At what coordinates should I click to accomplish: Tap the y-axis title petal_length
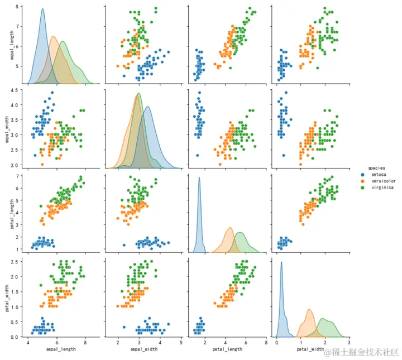click(x=8, y=212)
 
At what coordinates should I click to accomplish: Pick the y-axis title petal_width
click(x=8, y=296)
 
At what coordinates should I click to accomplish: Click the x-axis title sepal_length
click(x=58, y=349)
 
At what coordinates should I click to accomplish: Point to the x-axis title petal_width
click(x=310, y=349)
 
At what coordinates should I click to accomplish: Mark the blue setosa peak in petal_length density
click(x=199, y=178)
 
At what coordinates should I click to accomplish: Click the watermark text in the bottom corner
click(x=363, y=352)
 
